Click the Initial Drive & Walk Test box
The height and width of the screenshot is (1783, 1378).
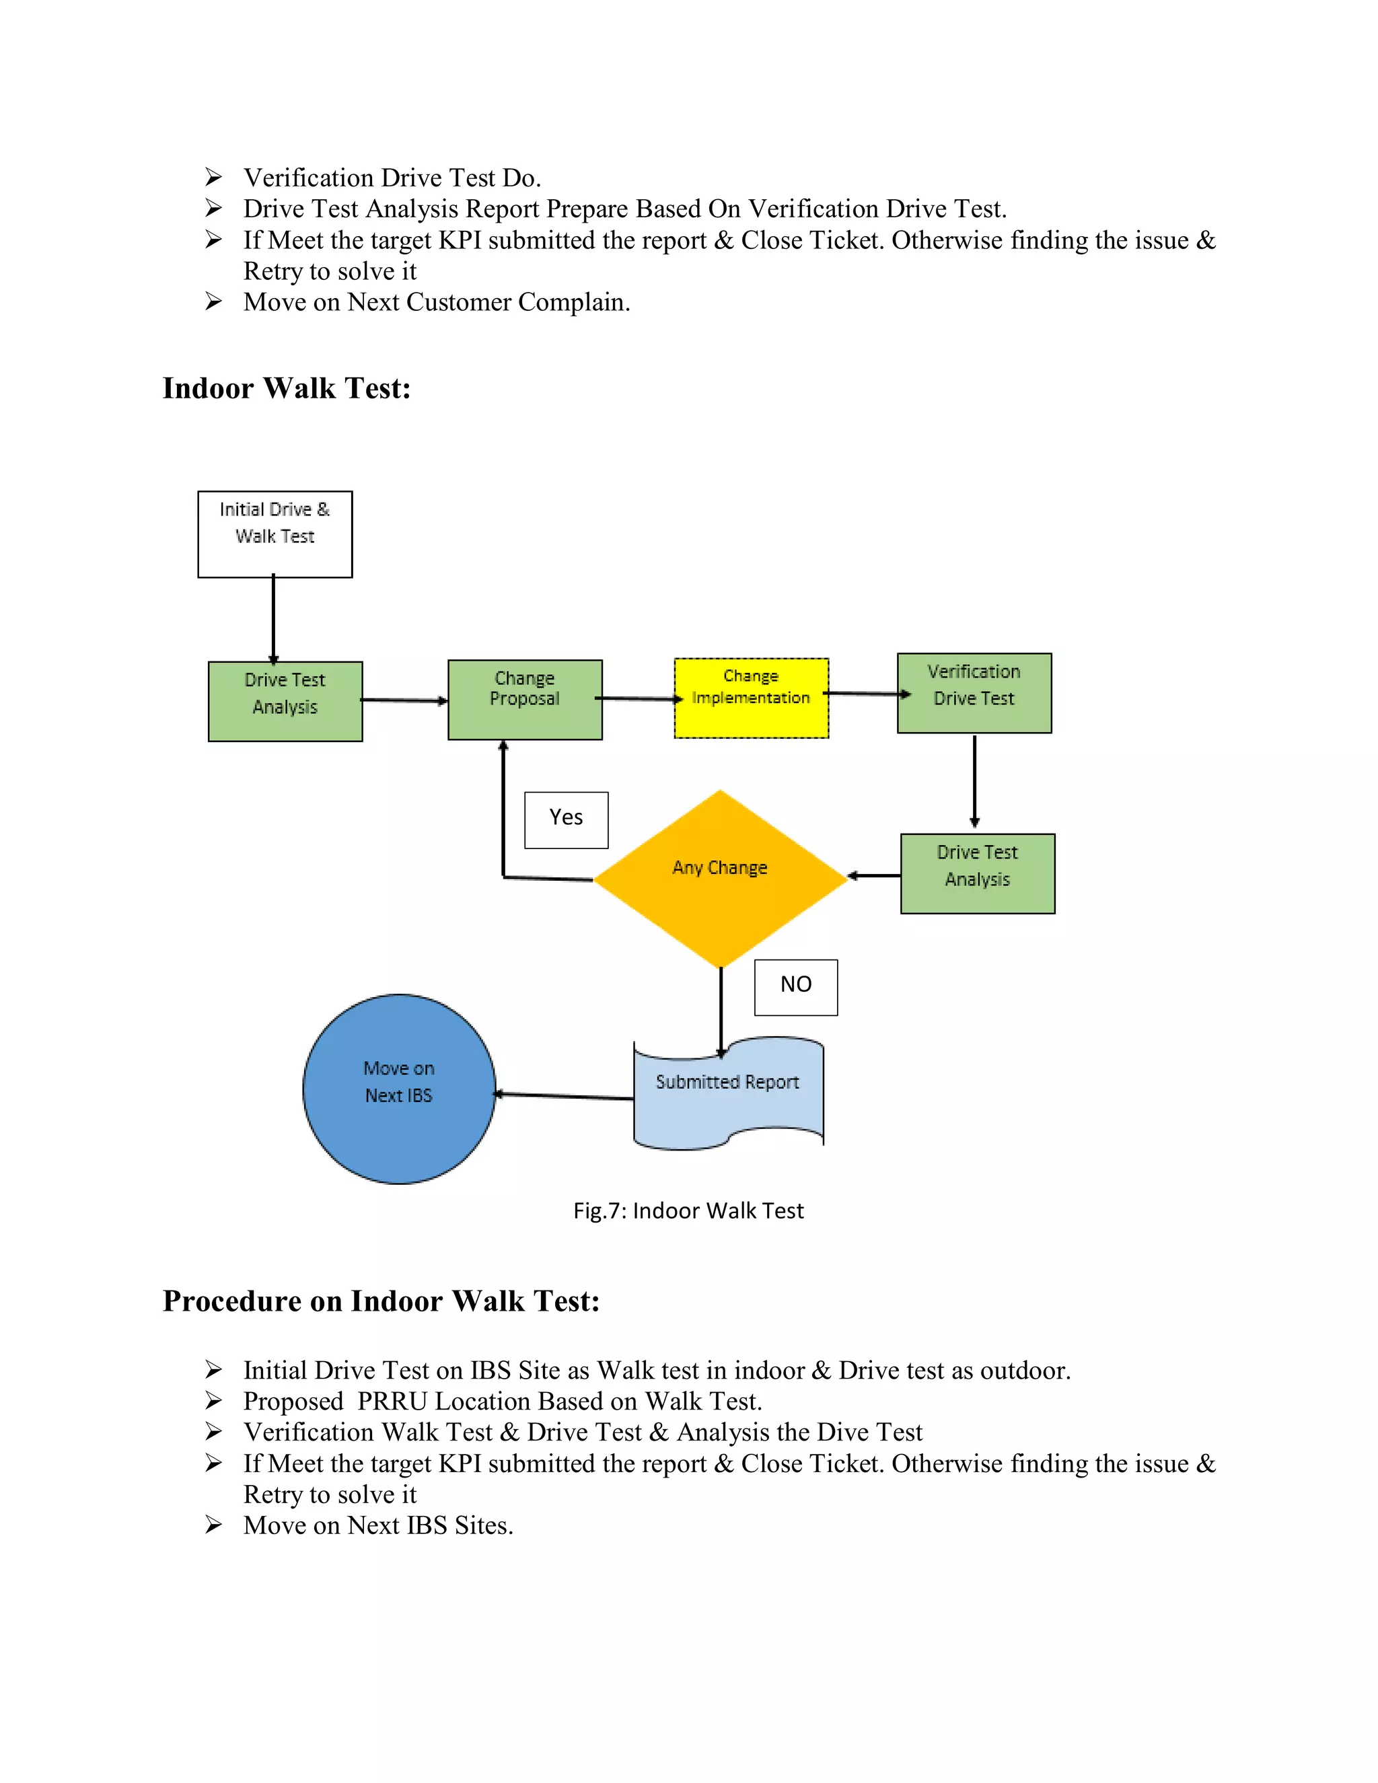pos(275,534)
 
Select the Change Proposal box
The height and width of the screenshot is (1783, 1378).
pos(525,700)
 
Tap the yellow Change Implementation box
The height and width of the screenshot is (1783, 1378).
pos(751,698)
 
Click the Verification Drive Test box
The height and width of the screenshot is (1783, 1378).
pos(974,692)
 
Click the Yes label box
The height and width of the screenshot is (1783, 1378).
pos(566,820)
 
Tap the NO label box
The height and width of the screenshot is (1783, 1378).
pos(796,987)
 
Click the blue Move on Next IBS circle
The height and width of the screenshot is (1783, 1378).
pos(399,1088)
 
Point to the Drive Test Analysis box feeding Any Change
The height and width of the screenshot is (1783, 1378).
pos(977,873)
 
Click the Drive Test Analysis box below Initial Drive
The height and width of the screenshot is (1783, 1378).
pos(285,700)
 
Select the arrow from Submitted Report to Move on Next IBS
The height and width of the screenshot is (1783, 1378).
pos(564,1095)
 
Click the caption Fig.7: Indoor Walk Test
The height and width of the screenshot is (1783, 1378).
pos(688,1210)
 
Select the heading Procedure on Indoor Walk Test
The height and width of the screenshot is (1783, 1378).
pos(382,1301)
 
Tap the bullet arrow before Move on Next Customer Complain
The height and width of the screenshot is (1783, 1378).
pos(213,302)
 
